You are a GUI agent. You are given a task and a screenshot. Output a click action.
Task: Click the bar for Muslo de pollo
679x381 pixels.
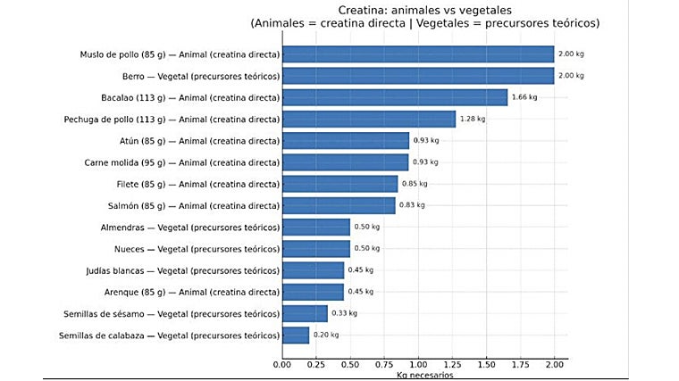pyautogui.click(x=417, y=54)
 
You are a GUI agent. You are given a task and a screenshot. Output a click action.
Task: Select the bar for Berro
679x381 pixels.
pyautogui.click(x=417, y=76)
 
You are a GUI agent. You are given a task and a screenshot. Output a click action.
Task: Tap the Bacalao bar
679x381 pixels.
pyautogui.click(x=394, y=97)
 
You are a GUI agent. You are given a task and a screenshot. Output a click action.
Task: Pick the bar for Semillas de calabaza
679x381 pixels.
pyautogui.click(x=295, y=335)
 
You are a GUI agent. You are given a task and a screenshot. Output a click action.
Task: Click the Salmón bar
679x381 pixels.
pyautogui.click(x=338, y=205)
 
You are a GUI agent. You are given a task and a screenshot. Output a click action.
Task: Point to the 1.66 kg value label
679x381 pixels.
pyautogui.click(x=524, y=97)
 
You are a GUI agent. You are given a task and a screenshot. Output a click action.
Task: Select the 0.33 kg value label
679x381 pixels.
pyautogui.click(x=344, y=313)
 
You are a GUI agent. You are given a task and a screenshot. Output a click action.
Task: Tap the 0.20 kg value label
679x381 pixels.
pyautogui.click(x=326, y=335)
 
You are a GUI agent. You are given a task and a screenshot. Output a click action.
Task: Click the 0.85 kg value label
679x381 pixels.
pyautogui.click(x=415, y=184)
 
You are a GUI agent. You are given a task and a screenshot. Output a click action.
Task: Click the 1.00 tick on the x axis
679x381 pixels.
pyautogui.click(x=417, y=364)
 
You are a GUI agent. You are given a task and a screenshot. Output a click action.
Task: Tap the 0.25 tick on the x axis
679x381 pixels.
pyautogui.click(x=315, y=364)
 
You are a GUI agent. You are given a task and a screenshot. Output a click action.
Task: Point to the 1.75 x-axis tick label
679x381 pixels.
pyautogui.click(x=520, y=364)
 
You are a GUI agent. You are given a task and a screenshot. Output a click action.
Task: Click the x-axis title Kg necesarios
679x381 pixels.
pyautogui.click(x=424, y=376)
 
